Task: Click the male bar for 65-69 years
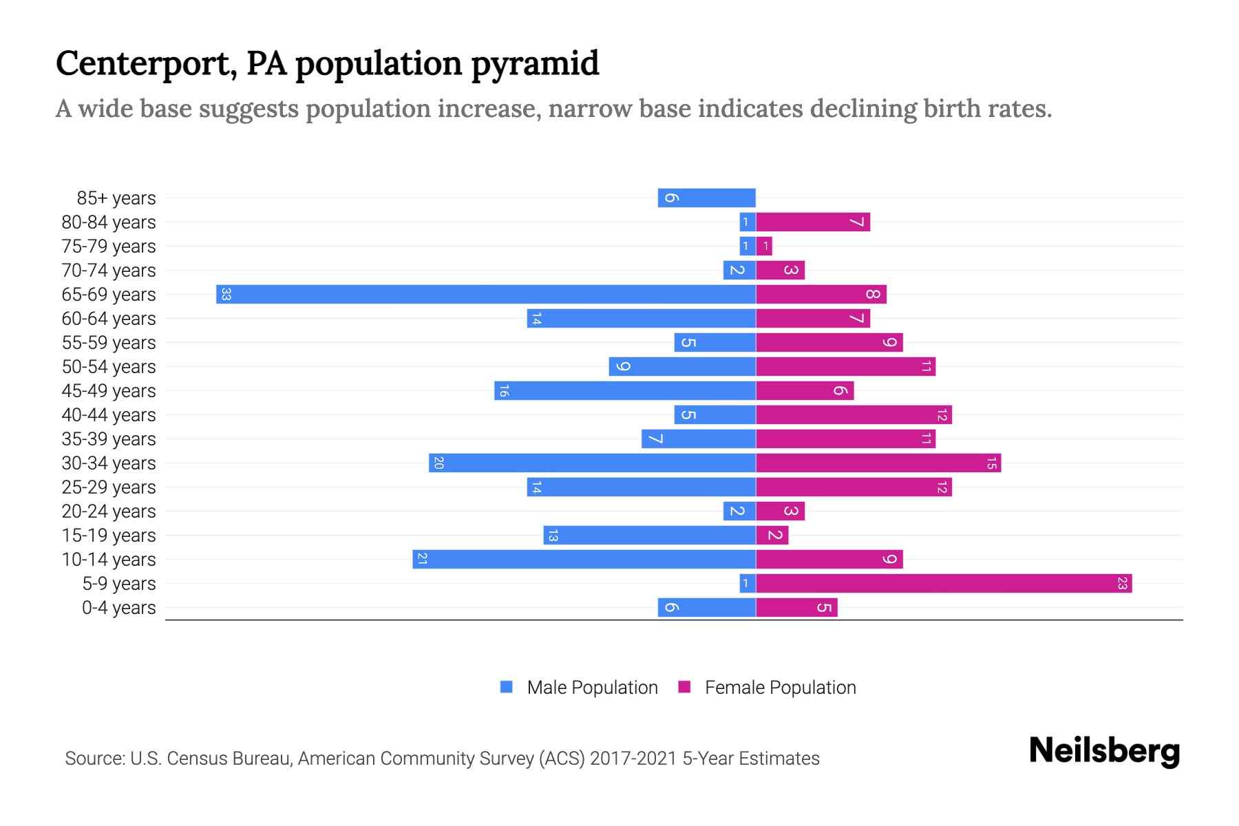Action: click(486, 295)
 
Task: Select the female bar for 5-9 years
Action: click(944, 584)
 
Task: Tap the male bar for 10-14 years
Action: click(584, 560)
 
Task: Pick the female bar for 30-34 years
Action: click(878, 463)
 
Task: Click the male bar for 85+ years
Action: click(707, 198)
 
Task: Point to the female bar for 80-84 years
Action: click(813, 222)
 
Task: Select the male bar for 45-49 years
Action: click(625, 391)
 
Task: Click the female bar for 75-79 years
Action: click(764, 246)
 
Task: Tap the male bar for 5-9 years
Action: click(748, 584)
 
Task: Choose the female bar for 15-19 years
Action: click(772, 536)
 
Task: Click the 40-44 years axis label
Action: click(109, 415)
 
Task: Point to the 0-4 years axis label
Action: click(118, 608)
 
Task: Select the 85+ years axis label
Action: click(116, 198)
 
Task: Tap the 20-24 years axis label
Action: click(109, 511)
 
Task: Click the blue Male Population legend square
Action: click(507, 687)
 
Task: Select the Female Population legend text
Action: click(780, 688)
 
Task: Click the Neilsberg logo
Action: click(1104, 750)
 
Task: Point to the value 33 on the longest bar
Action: click(226, 295)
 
